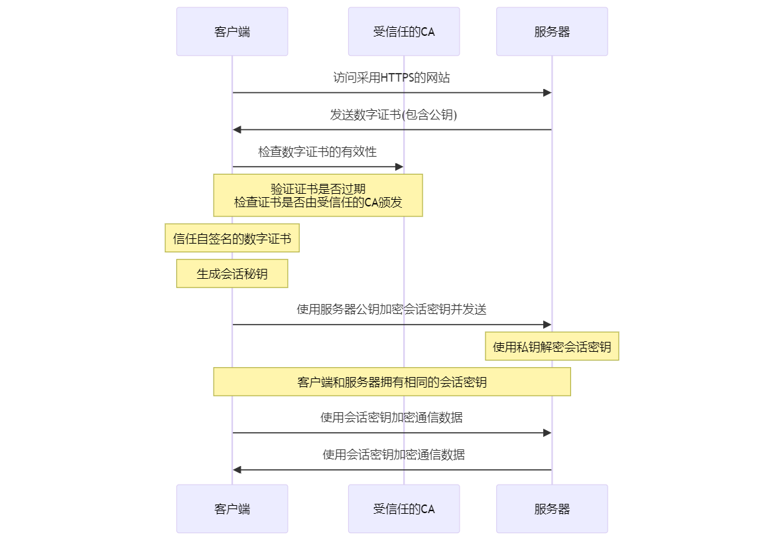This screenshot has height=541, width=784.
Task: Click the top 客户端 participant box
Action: coord(232,31)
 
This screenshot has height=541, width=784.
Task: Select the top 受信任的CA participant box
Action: coord(404,31)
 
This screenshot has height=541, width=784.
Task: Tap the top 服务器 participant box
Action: coord(552,31)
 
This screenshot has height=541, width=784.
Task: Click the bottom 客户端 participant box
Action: coord(232,508)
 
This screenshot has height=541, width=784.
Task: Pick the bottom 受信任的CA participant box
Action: coord(404,508)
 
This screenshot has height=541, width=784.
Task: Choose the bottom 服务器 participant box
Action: coord(552,508)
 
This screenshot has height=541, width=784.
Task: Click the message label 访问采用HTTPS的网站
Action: coord(391,78)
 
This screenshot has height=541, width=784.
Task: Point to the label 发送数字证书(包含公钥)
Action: coord(393,115)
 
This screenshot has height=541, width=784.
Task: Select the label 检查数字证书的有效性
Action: coord(318,151)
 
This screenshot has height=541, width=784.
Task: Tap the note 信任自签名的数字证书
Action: coord(232,238)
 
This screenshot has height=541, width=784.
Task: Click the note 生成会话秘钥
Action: coord(232,273)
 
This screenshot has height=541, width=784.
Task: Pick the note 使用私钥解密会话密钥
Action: coord(552,346)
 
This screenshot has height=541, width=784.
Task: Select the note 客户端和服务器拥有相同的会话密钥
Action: coord(392,382)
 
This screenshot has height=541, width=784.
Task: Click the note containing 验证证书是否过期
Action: coord(318,195)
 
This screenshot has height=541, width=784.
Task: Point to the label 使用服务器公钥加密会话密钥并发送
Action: coord(391,309)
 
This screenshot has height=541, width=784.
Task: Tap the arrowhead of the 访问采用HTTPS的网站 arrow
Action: coord(547,92)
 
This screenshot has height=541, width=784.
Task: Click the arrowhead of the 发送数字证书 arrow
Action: coord(237,129)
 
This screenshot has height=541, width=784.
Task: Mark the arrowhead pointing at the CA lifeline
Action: coord(399,167)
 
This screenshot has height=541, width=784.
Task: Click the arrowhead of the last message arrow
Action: coord(237,470)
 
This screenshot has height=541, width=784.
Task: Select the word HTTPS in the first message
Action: coord(397,78)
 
